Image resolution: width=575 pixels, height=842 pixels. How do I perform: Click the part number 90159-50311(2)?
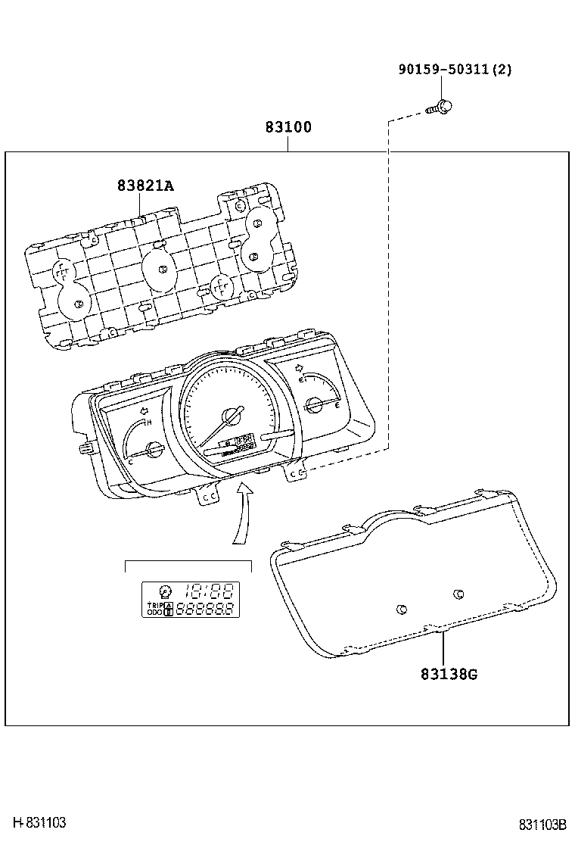point(455,70)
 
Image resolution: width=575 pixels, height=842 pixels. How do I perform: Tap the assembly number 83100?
point(287,127)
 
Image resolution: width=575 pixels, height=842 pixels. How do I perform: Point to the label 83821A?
point(145,185)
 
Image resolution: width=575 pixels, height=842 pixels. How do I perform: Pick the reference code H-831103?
point(39,823)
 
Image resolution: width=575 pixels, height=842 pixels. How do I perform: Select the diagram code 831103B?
point(542,825)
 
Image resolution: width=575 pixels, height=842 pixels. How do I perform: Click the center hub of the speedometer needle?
point(230,417)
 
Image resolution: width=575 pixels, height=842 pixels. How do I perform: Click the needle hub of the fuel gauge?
point(314,406)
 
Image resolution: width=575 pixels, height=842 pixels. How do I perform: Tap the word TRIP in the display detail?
point(154,606)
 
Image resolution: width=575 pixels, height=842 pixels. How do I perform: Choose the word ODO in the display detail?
point(154,613)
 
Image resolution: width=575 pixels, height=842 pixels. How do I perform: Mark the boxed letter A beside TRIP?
point(169,606)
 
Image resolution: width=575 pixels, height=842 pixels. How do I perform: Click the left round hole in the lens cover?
point(401,608)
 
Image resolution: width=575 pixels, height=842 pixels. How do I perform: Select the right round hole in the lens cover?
point(458,594)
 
